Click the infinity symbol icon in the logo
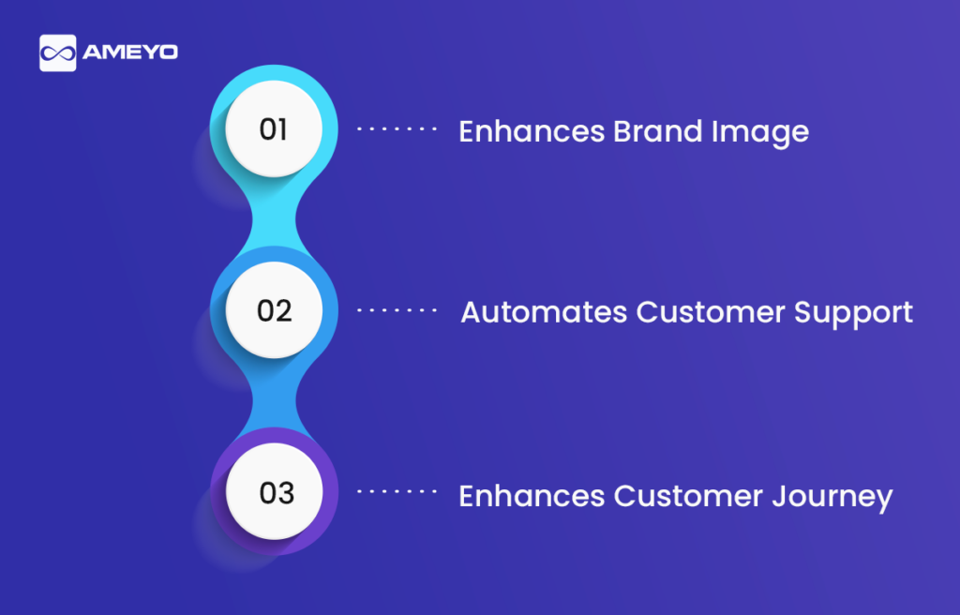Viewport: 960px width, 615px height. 57,53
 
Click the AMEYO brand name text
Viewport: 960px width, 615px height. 130,52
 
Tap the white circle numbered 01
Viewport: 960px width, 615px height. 274,128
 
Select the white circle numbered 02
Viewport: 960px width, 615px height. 274,310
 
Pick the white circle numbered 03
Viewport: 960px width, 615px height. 274,491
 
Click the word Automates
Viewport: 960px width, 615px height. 544,312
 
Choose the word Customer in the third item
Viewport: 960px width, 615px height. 688,496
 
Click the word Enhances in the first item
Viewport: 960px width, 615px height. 532,131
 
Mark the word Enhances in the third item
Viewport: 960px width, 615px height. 532,496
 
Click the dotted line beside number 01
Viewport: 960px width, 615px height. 397,128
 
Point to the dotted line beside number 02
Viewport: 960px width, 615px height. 397,310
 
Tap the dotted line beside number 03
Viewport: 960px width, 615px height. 397,491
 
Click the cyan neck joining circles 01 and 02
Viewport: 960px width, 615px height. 275,219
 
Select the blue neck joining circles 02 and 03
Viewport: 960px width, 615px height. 275,400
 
